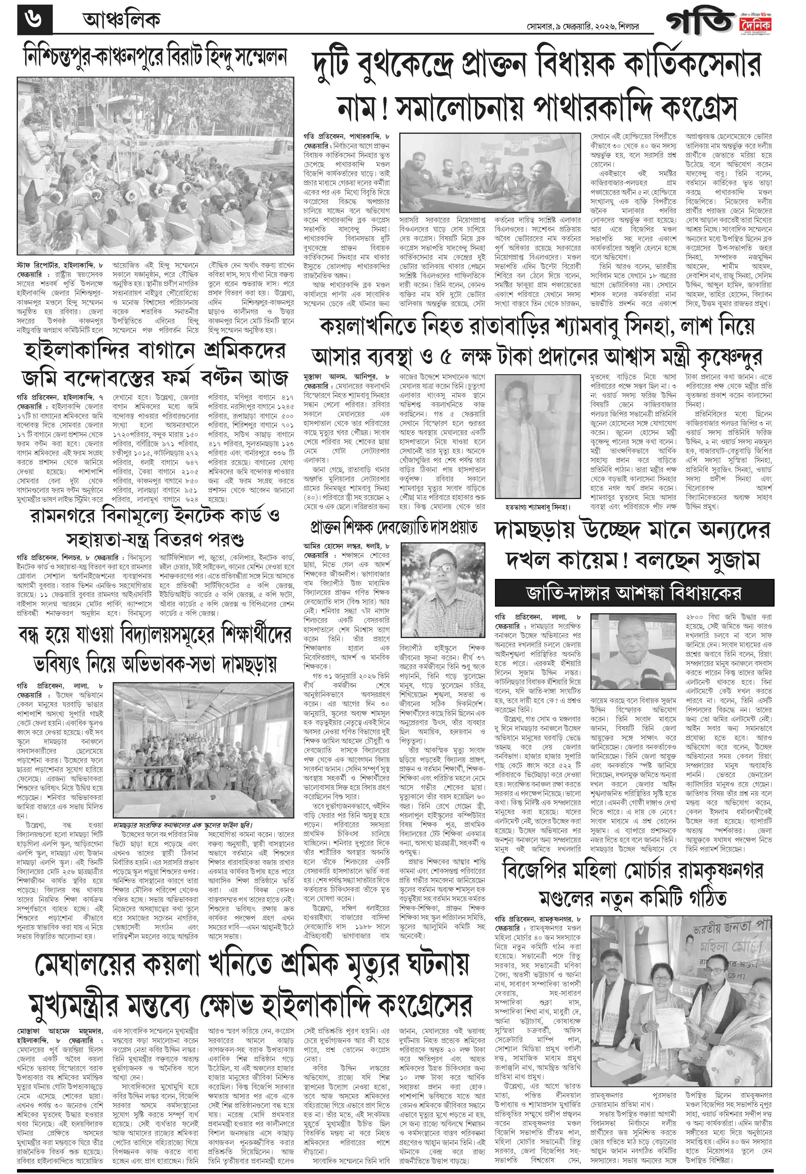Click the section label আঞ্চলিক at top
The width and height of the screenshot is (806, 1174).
[x=121, y=20]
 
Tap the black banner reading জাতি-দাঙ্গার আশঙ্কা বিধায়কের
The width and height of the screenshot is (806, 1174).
[x=634, y=592]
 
